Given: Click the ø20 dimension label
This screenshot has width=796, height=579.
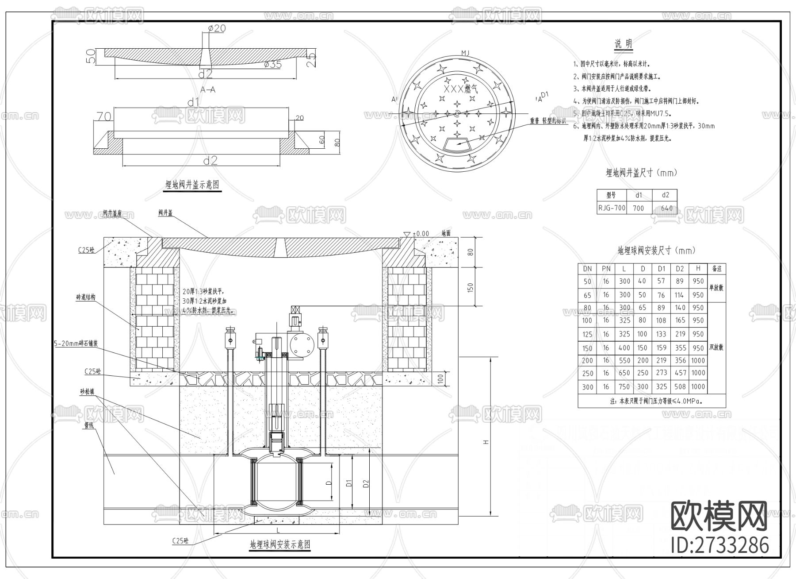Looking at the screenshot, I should (217, 28).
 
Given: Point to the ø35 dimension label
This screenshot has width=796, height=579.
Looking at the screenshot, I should (273, 64).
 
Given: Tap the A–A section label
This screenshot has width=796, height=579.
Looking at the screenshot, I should (208, 89).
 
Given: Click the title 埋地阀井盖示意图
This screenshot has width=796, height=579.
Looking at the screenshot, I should (192, 185).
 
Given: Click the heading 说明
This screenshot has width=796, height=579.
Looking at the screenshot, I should (623, 44).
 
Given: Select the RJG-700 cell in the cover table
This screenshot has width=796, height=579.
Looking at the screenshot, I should (612, 208).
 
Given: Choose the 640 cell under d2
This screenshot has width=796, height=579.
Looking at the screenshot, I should (666, 208).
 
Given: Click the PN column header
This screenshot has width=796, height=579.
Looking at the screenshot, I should (606, 269).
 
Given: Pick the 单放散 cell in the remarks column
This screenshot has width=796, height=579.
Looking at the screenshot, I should (716, 288).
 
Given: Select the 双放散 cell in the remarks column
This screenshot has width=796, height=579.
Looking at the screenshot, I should (716, 347).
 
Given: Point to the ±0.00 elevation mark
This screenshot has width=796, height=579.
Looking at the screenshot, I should (421, 233).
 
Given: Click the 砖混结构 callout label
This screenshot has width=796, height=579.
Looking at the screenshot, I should (85, 297).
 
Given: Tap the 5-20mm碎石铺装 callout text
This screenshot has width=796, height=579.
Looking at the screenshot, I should (75, 343).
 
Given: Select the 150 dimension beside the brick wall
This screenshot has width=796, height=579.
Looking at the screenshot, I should (470, 287).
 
